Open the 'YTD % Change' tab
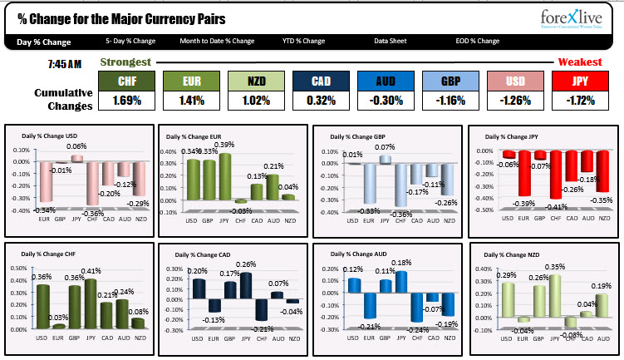coord(303,41)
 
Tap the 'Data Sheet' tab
coord(391,41)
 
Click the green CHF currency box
coord(127,81)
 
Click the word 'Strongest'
coord(125,62)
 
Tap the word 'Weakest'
coord(579,62)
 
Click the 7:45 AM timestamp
coord(64,64)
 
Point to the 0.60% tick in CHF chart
coord(22,269)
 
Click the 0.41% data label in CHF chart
coord(91,271)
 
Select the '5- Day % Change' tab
coord(130,41)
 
